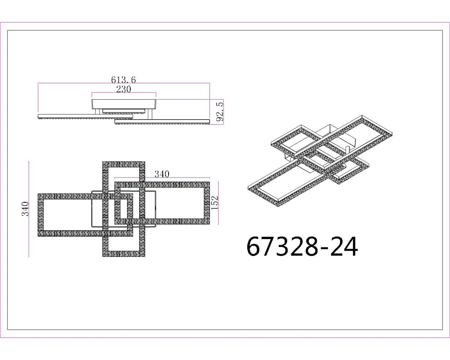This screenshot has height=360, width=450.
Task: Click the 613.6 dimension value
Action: [x=123, y=80]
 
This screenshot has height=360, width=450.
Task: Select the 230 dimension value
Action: [x=124, y=89]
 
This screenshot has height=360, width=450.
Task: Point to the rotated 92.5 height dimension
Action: [x=220, y=112]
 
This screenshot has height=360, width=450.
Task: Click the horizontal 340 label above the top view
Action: [x=162, y=174]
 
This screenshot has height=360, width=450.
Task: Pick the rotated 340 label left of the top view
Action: [x=26, y=209]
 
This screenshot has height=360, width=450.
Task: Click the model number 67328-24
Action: [x=302, y=247]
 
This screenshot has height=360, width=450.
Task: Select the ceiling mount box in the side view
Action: [x=124, y=104]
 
